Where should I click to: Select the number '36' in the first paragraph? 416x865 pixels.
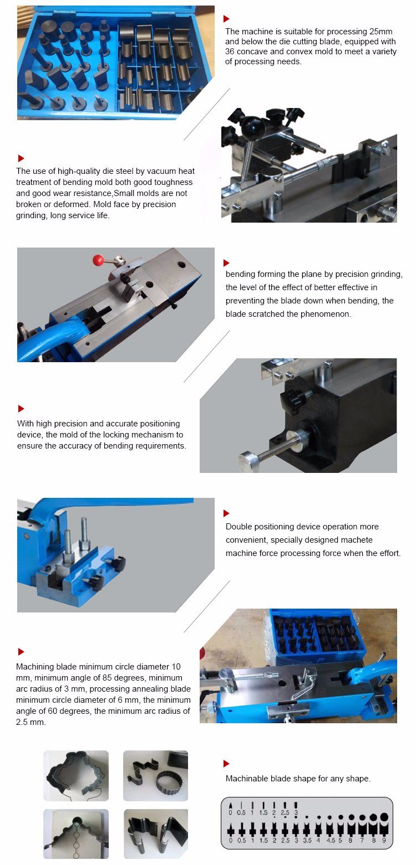click(230, 52)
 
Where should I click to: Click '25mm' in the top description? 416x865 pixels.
click(381, 32)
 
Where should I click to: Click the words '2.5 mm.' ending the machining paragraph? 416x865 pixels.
click(31, 722)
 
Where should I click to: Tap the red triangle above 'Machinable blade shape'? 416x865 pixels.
click(226, 764)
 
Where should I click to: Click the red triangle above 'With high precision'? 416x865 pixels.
click(21, 409)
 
